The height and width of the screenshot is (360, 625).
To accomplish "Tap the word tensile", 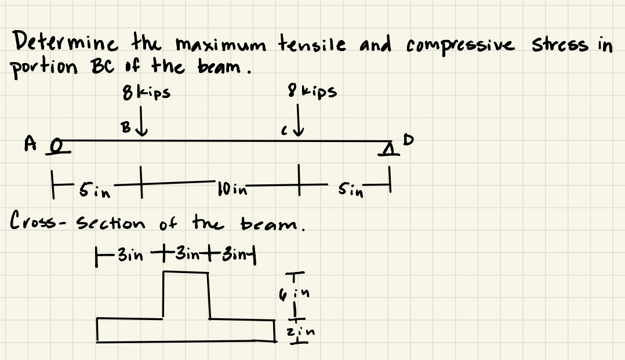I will click(310, 42).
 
